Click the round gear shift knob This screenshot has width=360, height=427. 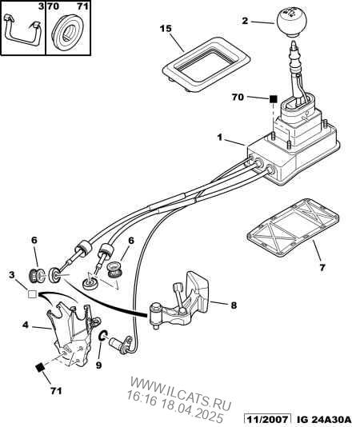tap(291, 22)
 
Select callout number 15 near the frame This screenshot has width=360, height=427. tap(166, 29)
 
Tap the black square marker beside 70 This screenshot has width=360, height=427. tap(274, 98)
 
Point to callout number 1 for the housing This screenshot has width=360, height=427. tap(220, 138)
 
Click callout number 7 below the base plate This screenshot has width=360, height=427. tap(322, 267)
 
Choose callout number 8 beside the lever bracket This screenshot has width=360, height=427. tap(234, 305)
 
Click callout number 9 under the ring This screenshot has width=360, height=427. tap(98, 365)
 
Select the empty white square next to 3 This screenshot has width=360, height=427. tap(33, 294)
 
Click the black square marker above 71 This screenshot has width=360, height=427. tap(40, 368)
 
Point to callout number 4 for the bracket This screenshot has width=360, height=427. tap(26, 325)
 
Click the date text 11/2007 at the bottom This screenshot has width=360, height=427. tap(266, 419)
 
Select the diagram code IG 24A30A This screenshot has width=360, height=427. tap(323, 419)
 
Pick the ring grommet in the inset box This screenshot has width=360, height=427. tap(68, 32)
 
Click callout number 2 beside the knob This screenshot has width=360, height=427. tap(245, 21)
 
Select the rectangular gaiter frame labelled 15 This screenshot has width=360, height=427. tap(206, 64)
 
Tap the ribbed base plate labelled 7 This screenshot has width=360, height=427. tap(293, 228)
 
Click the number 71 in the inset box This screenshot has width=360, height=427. tap(83, 6)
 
